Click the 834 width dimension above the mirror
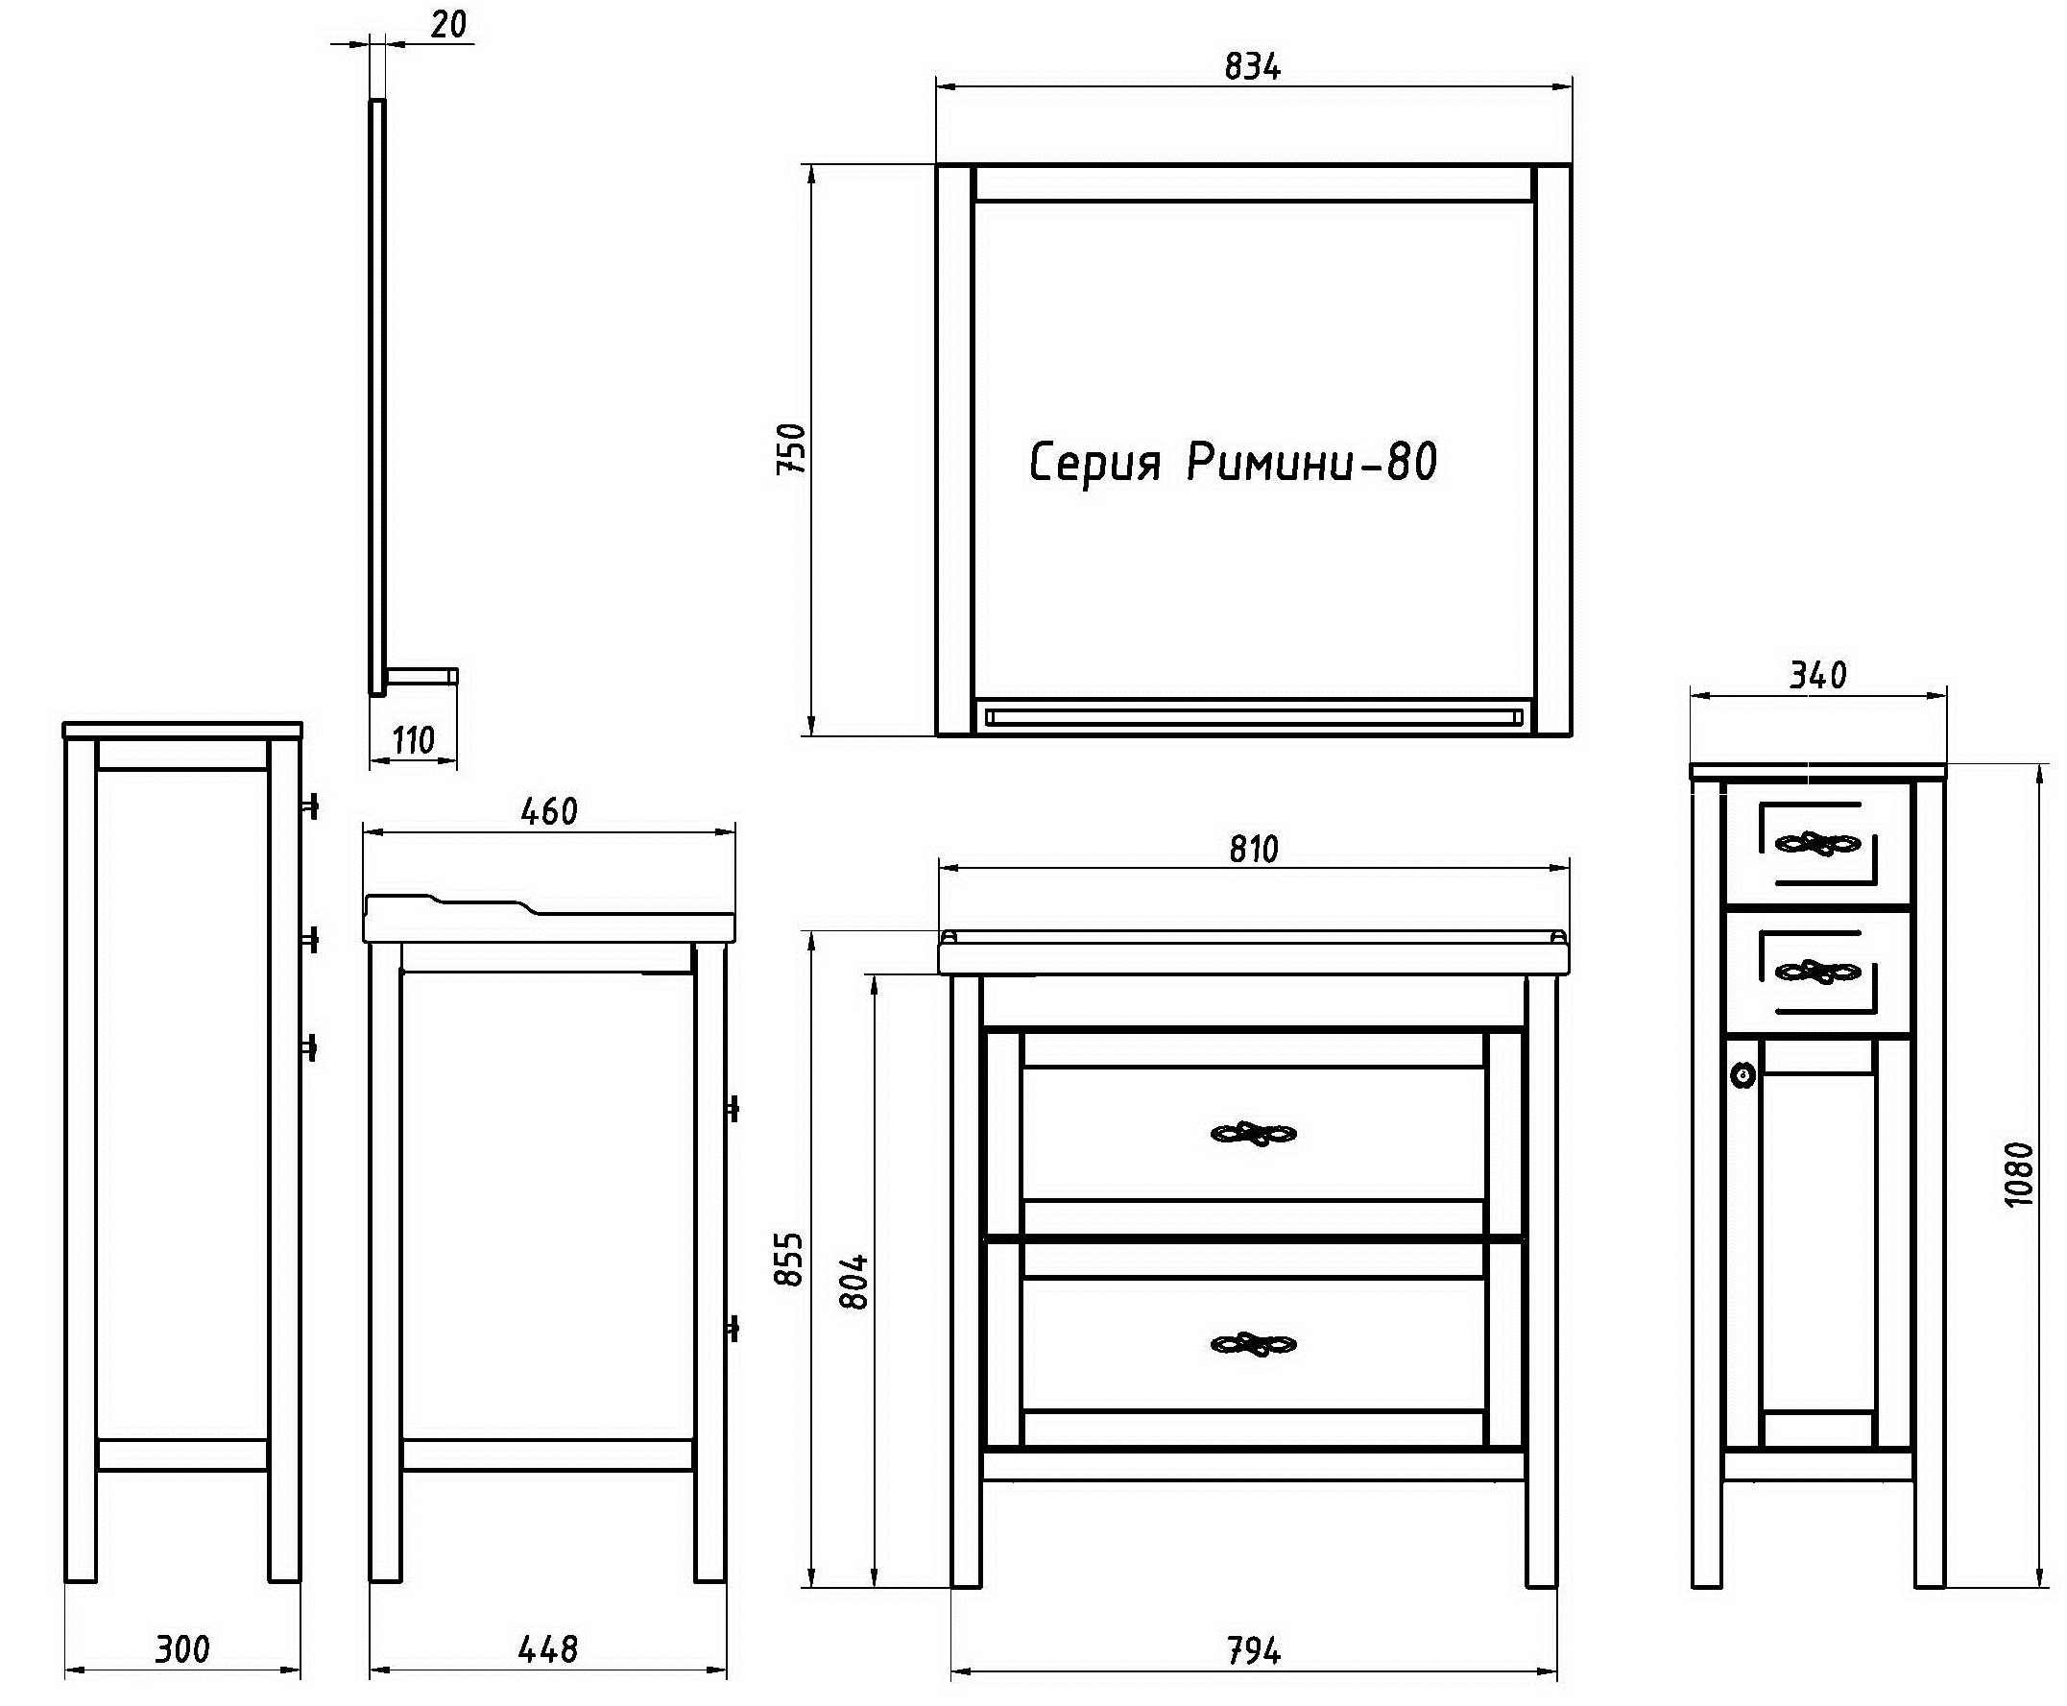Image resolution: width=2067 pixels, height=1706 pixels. pyautogui.click(x=1252, y=67)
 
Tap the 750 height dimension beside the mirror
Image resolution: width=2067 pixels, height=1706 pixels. pyautogui.click(x=791, y=449)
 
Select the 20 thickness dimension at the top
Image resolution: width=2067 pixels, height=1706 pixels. pyautogui.click(x=448, y=25)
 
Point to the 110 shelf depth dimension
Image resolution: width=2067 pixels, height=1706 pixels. pyautogui.click(x=413, y=740)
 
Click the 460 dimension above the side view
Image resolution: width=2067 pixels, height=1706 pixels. pyautogui.click(x=548, y=810)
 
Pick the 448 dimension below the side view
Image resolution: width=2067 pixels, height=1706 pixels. pyautogui.click(x=547, y=1649)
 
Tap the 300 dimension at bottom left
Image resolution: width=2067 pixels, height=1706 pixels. pyautogui.click(x=182, y=1649)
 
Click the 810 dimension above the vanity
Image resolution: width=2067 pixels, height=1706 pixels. pyautogui.click(x=1253, y=848)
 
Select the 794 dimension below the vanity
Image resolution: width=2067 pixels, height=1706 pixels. pyautogui.click(x=1253, y=1651)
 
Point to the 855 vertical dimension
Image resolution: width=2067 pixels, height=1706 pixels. pyautogui.click(x=789, y=1259)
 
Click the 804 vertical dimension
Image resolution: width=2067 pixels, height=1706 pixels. pyautogui.click(x=855, y=1282)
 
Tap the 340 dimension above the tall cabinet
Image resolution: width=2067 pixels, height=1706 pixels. pyautogui.click(x=1817, y=675)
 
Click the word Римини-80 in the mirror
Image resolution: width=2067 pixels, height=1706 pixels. pyautogui.click(x=1312, y=462)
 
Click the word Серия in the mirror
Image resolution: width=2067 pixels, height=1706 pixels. pyautogui.click(x=1094, y=464)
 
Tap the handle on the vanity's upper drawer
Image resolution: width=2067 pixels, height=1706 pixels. pyautogui.click(x=1253, y=1134)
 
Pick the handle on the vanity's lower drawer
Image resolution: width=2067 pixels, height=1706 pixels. pyautogui.click(x=1253, y=1344)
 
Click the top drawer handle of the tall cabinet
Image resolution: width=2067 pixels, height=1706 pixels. pyautogui.click(x=1817, y=843)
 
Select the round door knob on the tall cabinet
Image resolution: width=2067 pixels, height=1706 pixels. pyautogui.click(x=1743, y=1074)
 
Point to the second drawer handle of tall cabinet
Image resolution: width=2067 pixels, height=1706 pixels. pyautogui.click(x=1817, y=973)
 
